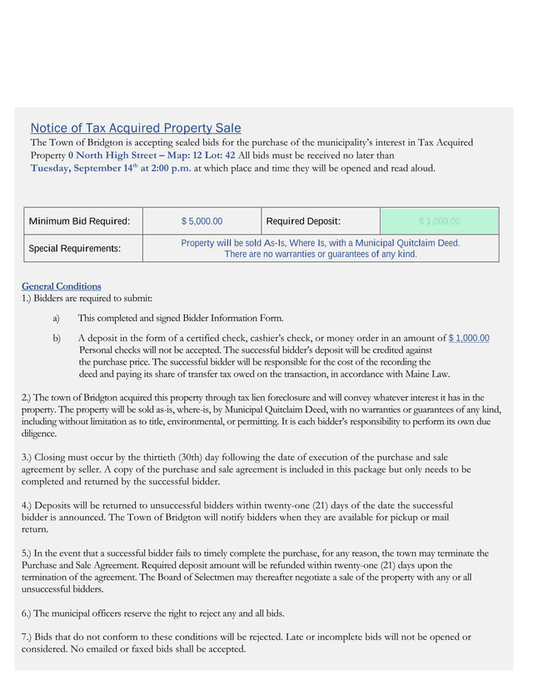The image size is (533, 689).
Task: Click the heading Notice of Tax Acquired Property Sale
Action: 136,128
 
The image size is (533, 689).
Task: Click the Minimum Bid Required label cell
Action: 80,221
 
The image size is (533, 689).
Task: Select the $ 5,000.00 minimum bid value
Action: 202,221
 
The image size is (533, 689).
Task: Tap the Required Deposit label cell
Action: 303,221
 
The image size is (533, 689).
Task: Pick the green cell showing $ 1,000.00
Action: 439,221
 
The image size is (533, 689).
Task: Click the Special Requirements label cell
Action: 75,249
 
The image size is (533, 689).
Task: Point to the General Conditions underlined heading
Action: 61,286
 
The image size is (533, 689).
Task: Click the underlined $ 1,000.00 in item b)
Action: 469,338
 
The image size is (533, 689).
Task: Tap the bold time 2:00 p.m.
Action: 171,168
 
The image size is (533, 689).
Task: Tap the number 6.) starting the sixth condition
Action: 27,613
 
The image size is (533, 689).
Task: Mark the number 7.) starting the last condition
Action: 27,637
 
